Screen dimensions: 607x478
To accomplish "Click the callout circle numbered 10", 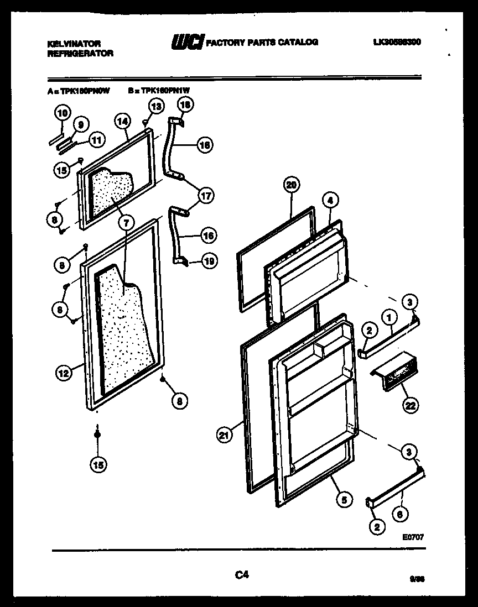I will tap(62, 114).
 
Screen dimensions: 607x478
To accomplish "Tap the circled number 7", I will tap(126, 223).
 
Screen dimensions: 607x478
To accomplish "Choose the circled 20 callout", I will tap(292, 186).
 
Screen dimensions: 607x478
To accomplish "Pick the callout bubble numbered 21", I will tap(224, 436).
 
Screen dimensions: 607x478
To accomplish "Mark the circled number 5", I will tap(344, 500).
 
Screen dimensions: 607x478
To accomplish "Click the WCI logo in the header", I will tap(188, 43).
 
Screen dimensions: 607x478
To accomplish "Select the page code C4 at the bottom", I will tap(241, 575).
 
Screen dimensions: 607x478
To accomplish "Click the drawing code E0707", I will tap(414, 536).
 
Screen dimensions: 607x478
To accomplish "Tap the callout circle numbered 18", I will tap(185, 104).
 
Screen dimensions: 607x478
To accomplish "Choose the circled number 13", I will tap(157, 106).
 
